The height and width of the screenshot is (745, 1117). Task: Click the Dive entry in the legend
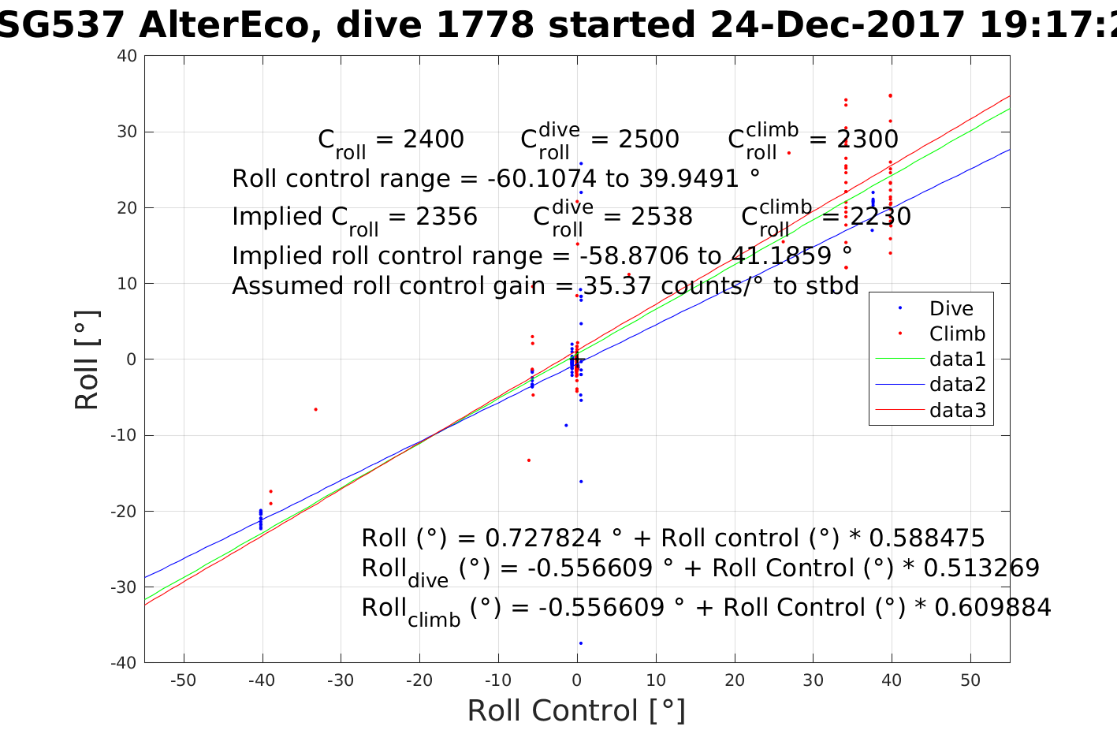click(951, 308)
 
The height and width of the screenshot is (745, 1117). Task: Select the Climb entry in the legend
click(956, 333)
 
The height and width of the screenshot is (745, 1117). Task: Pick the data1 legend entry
click(957, 359)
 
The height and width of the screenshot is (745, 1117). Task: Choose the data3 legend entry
click(957, 410)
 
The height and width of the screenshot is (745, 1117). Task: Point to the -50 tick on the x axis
click(183, 680)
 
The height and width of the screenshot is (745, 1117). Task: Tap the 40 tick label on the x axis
click(892, 680)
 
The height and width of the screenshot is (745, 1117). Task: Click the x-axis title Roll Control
click(576, 710)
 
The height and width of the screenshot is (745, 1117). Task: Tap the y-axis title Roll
click(87, 359)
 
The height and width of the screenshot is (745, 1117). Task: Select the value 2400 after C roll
click(434, 140)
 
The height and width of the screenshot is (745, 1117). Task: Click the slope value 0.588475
click(926, 538)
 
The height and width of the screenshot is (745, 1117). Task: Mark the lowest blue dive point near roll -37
click(581, 643)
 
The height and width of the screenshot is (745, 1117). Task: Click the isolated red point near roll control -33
click(315, 409)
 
